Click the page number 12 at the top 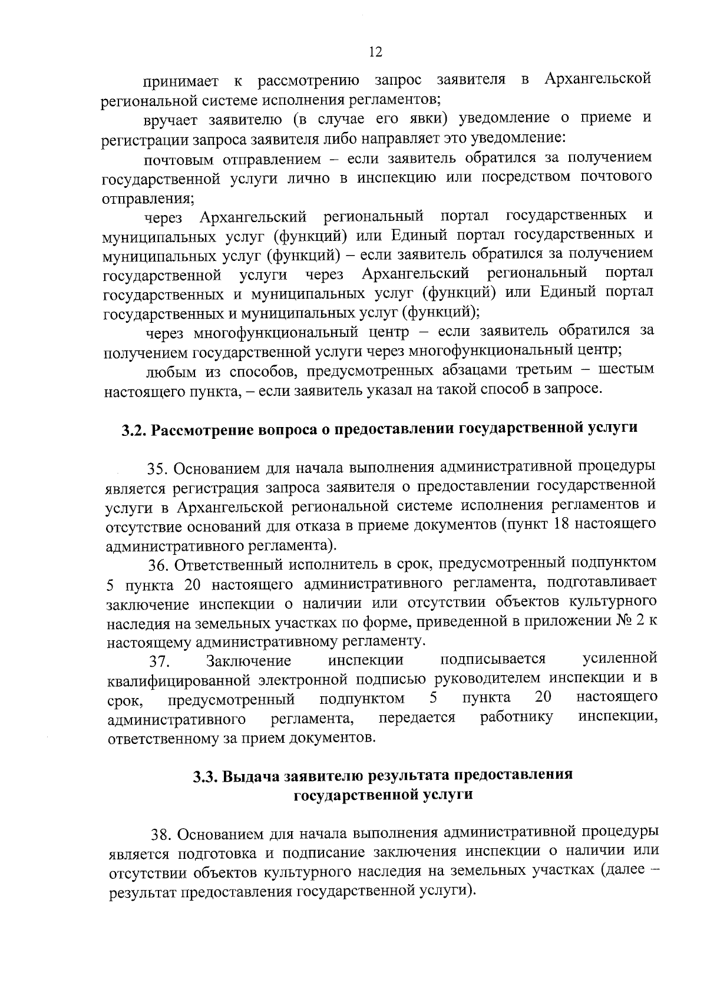click(375, 52)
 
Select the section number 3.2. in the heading click(134, 429)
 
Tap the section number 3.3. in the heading click(207, 776)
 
